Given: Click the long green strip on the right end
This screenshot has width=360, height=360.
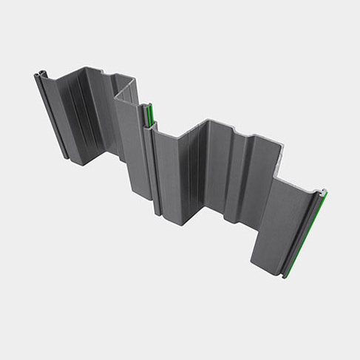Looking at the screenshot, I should pos(305,234).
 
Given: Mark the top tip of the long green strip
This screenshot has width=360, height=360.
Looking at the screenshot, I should pos(325,192).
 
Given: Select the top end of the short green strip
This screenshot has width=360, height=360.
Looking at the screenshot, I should pos(147,106).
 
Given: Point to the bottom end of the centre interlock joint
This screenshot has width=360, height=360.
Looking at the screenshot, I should pos(157,214).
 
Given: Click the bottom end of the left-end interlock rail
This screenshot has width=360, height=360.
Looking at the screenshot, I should pos(67,157).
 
